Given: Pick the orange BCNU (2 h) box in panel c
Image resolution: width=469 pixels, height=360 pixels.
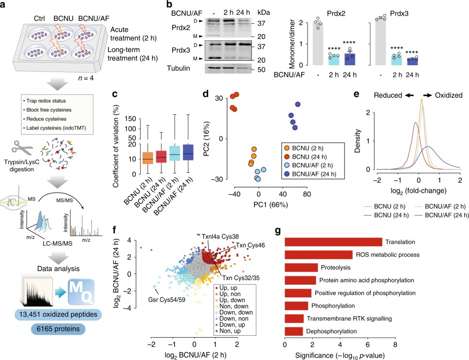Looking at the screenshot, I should [147, 159].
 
